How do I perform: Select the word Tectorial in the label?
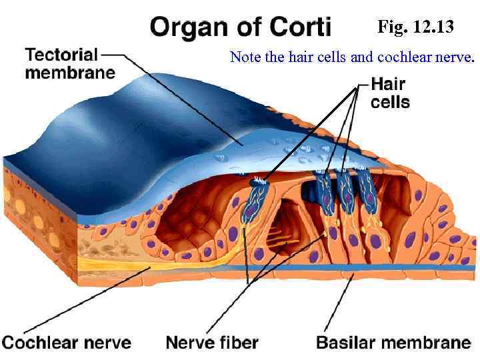tap(61, 54)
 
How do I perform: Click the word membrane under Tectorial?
tap(69, 71)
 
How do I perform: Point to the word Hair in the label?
tap(388, 85)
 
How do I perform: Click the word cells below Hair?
tap(390, 102)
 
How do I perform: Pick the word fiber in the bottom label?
tap(239, 343)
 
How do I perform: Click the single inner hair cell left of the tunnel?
tap(253, 200)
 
